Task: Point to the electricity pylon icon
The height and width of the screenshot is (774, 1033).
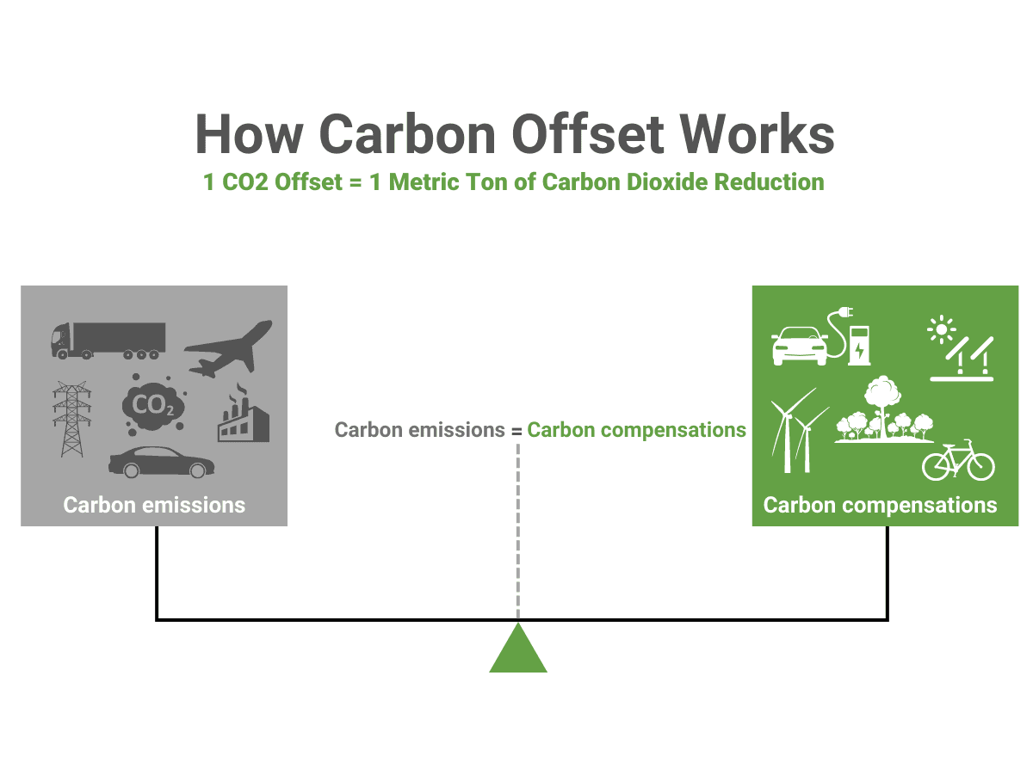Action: click(71, 419)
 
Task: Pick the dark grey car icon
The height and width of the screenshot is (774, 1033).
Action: click(161, 462)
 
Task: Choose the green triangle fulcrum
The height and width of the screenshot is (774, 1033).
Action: click(518, 650)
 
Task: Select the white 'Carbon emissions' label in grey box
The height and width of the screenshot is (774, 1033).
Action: click(154, 505)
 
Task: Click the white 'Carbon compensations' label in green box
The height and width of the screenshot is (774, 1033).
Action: click(880, 505)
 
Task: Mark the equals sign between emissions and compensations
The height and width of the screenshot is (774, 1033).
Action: click(516, 431)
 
